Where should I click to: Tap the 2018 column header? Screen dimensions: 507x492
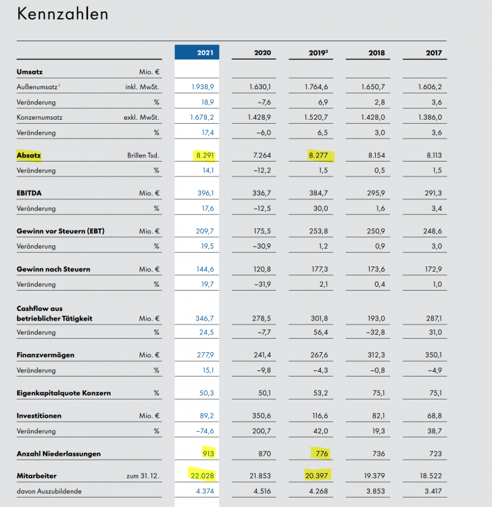click(377, 52)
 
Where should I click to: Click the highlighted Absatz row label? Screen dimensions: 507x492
click(29, 155)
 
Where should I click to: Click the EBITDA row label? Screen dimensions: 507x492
click(30, 193)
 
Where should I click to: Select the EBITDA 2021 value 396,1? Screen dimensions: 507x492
click(203, 193)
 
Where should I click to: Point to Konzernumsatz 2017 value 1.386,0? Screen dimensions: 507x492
click(428, 117)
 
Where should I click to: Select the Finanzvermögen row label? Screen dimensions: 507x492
click(45, 355)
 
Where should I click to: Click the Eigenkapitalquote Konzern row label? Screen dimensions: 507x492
click(64, 393)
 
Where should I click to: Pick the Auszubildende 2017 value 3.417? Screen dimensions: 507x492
click(430, 491)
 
